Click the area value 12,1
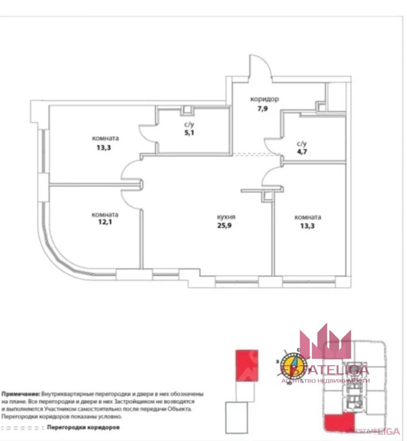tap(104, 223)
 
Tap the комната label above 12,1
tap(105, 215)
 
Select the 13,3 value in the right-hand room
tap(307, 226)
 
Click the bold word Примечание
tap(21, 395)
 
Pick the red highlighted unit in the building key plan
tap(334, 423)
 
